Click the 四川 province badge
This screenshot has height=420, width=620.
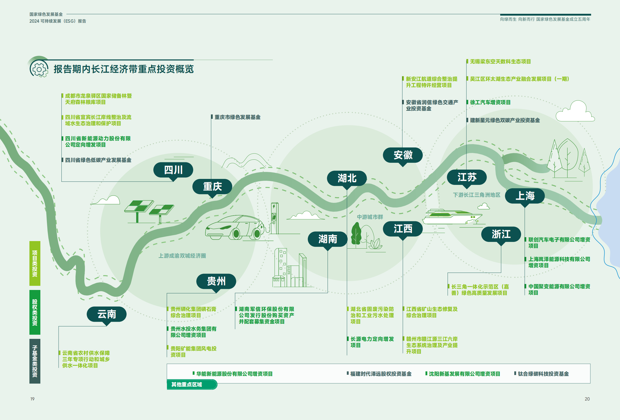point(173,170)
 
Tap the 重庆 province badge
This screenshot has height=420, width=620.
point(212,186)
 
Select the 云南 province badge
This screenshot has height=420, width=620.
point(107,314)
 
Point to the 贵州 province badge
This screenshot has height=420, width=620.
point(216,281)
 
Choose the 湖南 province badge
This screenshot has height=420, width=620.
point(328,239)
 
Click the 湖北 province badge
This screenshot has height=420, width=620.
point(347,178)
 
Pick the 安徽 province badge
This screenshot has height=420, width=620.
point(403,155)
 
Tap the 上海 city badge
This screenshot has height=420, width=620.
point(525,196)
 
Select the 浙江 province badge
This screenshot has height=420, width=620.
point(501,234)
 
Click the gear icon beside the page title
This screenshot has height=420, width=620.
point(39,69)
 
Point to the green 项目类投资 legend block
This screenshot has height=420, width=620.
point(35,263)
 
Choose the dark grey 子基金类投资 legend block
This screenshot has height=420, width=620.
point(35,361)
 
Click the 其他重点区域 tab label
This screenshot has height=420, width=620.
point(187,385)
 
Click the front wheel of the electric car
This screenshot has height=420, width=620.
point(236,234)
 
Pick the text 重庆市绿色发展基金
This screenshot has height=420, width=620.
point(237,117)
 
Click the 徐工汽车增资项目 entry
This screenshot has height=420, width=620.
point(490,102)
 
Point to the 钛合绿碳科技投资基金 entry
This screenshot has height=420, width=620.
point(543,374)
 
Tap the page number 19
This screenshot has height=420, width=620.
point(32,399)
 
